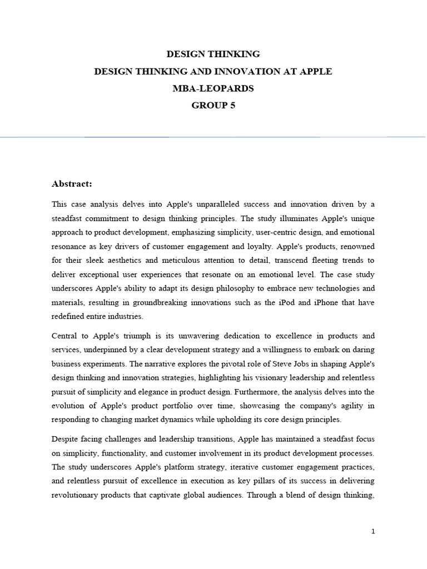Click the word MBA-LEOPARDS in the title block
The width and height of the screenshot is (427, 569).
click(213, 88)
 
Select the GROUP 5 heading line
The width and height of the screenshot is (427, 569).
click(213, 106)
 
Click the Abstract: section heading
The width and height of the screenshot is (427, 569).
click(72, 183)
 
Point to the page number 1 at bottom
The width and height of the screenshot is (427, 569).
click(373, 531)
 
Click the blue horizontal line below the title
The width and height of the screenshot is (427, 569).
click(213, 137)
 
